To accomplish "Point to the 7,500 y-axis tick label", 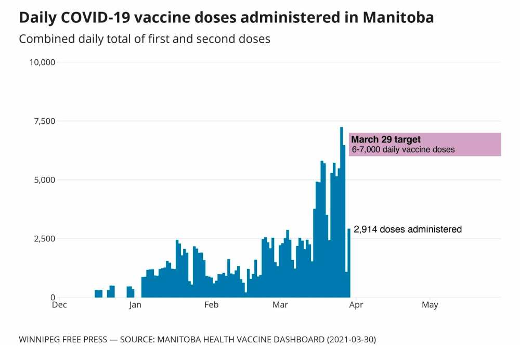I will point(45,121).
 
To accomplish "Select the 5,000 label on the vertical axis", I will point(45,180).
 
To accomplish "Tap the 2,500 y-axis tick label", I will point(45,239).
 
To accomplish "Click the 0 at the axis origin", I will point(53,298).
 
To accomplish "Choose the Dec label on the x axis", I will point(59,305).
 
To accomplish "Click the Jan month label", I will point(135,305).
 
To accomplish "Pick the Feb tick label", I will point(211,305).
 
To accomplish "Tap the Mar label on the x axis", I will point(280,305).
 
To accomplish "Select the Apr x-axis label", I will point(356,305).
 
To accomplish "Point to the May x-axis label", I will point(430,305).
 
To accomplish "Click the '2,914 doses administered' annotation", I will point(408,229).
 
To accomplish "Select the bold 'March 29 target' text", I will point(386,139).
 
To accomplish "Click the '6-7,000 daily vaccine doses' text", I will point(403,150).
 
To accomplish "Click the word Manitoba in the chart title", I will point(398,18).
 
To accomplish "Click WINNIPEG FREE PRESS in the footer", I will point(62,340).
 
